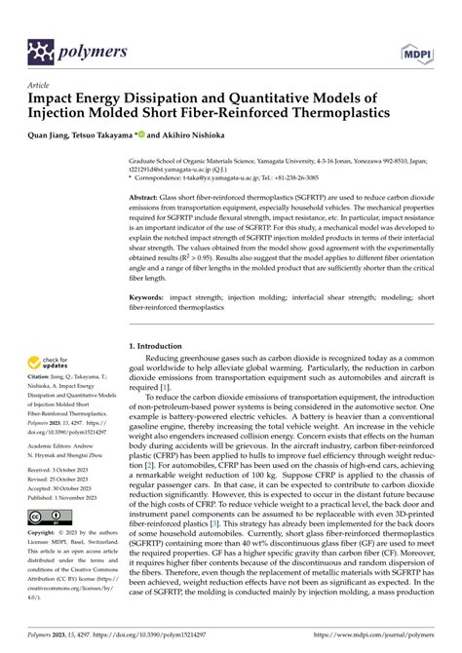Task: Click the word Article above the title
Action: point(40,85)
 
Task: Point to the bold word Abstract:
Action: point(149,196)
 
